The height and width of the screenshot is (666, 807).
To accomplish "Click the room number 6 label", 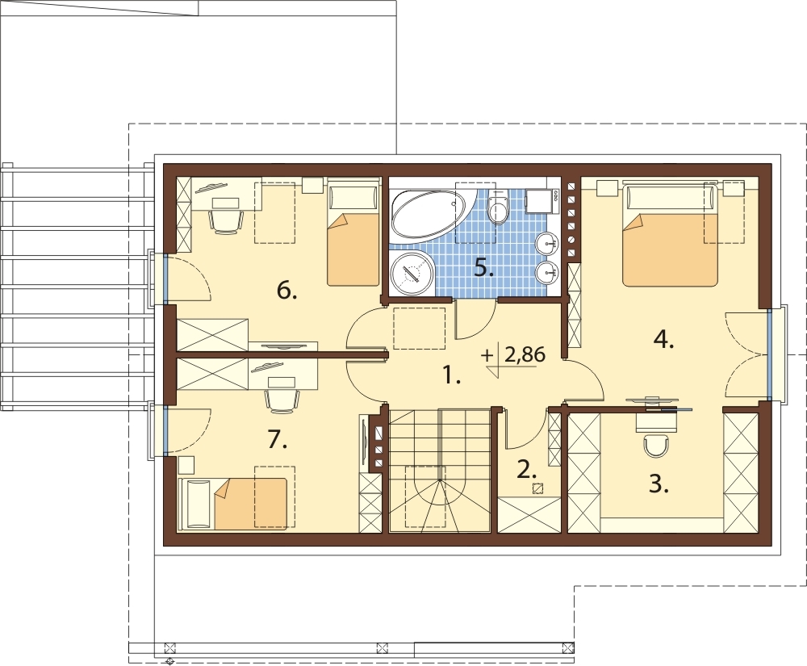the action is [286, 291].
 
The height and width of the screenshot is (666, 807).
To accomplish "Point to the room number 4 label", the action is [664, 340].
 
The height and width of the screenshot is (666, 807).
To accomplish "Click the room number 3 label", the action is [659, 485].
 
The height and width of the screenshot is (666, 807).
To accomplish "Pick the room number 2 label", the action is [527, 469].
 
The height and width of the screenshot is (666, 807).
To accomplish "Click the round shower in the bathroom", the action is [412, 274].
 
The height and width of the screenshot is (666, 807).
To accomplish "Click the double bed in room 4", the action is [670, 236].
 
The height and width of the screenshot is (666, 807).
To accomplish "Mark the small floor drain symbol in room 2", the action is [537, 489].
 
